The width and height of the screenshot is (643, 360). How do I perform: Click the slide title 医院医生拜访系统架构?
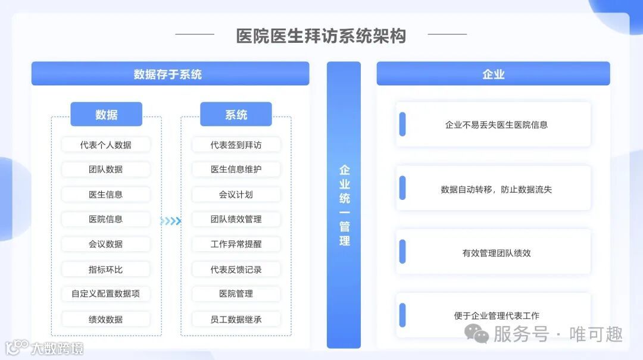(x=321, y=36)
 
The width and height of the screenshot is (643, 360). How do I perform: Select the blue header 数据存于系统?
(x=170, y=74)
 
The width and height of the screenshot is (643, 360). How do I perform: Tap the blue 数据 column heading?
(x=106, y=114)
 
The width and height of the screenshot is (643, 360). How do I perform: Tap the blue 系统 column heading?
(x=236, y=114)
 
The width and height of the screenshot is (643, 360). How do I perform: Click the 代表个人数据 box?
(x=106, y=145)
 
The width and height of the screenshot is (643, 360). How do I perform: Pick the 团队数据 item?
(x=106, y=170)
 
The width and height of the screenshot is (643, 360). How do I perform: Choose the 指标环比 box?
(x=106, y=270)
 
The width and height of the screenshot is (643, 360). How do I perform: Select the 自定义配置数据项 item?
(x=106, y=294)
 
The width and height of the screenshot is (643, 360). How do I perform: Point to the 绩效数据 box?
(x=106, y=320)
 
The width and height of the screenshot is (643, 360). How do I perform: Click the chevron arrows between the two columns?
(x=171, y=221)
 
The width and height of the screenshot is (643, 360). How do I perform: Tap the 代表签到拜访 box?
(x=236, y=145)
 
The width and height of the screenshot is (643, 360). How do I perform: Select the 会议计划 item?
(x=236, y=195)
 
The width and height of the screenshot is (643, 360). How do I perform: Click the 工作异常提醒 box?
(x=236, y=244)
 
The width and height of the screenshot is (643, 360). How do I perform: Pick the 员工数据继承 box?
(x=236, y=320)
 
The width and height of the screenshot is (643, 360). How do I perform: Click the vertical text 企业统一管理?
(x=344, y=205)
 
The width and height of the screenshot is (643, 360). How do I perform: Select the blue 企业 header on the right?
(x=493, y=74)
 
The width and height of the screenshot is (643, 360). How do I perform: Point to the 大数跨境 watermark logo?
(x=44, y=348)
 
